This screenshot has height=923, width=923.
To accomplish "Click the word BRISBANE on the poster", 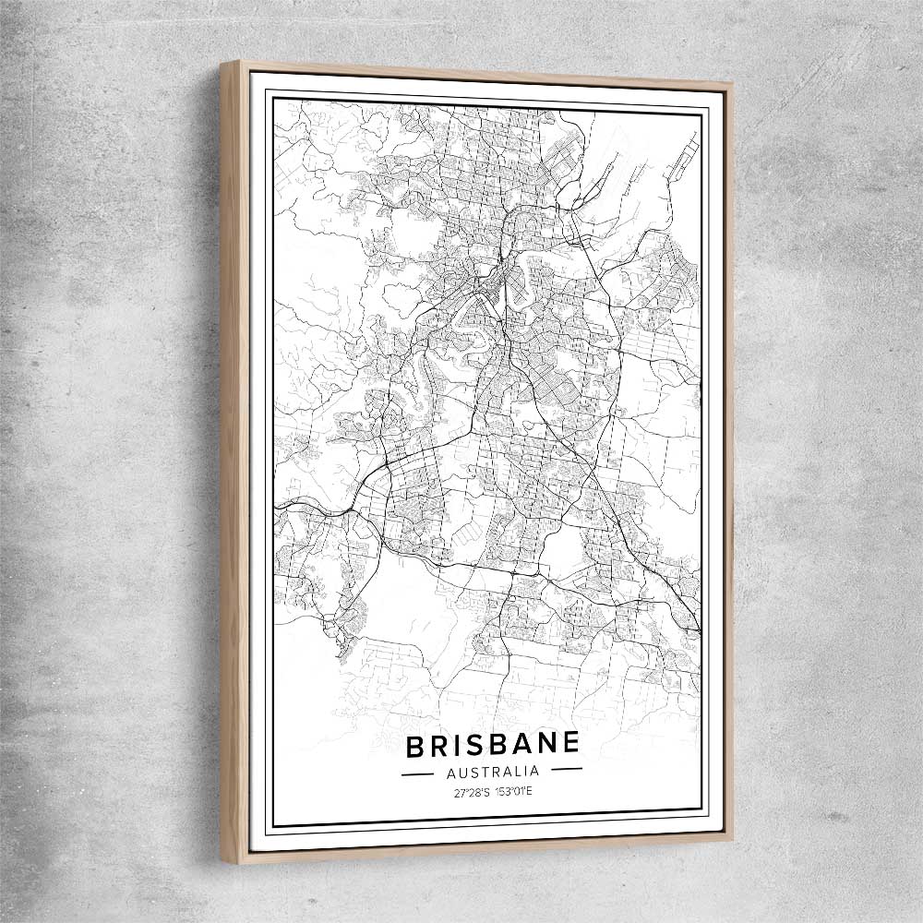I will point(492,744).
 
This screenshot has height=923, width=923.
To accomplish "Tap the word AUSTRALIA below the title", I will point(492,771).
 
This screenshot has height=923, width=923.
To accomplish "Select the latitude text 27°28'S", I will point(471,792).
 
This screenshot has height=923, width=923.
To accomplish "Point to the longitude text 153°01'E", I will point(513,792).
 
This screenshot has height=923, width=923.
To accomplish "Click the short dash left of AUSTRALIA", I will point(417,773).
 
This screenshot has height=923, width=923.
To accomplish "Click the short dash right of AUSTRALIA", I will point(566,768).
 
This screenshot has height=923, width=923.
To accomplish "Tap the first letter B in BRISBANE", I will point(415,746).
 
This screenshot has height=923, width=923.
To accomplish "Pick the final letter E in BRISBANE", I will point(571,741).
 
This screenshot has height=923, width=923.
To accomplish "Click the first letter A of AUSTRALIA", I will point(450,772).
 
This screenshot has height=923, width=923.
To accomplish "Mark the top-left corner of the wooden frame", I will point(222,64).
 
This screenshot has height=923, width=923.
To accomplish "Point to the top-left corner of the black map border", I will point(273,94).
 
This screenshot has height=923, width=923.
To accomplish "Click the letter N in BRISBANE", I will point(549,742).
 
